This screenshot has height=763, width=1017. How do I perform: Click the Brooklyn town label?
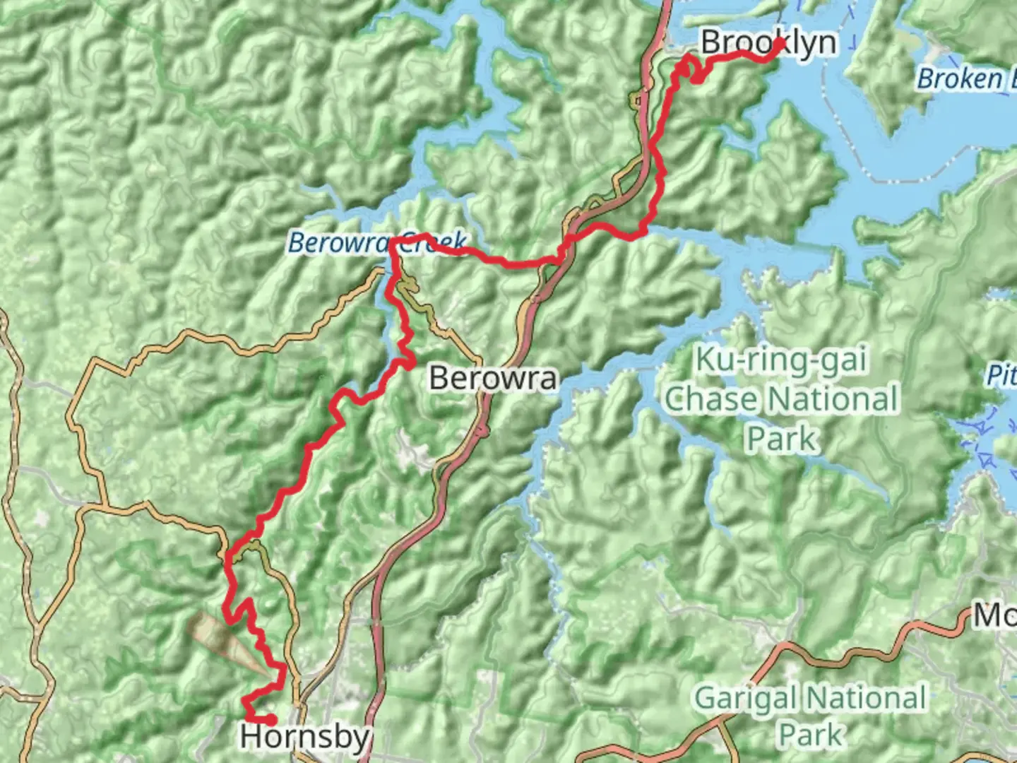pyautogui.click(x=768, y=43)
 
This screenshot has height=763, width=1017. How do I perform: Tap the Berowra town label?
pyautogui.click(x=493, y=378)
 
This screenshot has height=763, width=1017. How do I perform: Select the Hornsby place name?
pyautogui.click(x=304, y=737)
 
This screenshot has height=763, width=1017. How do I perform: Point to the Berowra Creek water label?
pyautogui.click(x=377, y=243)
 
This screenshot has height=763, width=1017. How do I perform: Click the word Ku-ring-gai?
pyautogui.click(x=781, y=360)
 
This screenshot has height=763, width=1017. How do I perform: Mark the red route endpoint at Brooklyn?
pyautogui.click(x=780, y=44)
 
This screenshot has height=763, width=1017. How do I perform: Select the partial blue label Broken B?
pyautogui.click(x=965, y=78)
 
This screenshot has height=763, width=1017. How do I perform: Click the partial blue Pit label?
pyautogui.click(x=1002, y=375)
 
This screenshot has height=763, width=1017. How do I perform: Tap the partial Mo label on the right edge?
pyautogui.click(x=994, y=616)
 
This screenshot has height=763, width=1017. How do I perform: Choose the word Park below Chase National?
pyautogui.click(x=782, y=439)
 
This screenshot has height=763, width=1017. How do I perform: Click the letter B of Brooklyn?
pyautogui.click(x=712, y=43)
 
